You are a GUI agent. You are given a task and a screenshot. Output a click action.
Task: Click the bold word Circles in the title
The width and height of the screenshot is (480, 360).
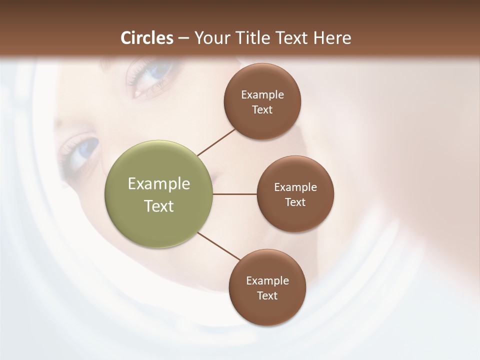point(147,38)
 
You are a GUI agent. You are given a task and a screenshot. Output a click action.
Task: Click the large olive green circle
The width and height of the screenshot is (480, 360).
point(159,194)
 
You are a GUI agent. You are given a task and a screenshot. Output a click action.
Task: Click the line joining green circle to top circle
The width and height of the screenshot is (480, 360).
point(216,141)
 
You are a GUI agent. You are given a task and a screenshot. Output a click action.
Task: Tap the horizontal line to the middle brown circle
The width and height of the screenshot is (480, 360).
point(234,194)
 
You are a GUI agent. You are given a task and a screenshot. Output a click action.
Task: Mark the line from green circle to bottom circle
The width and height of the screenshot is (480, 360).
point(219,246)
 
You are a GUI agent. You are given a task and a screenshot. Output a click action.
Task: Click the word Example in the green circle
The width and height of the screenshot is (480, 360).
point(159,184)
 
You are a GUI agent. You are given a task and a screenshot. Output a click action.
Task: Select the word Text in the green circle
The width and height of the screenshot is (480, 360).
point(159,206)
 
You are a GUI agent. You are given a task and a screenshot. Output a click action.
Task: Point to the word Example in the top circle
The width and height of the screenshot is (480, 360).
point(262,94)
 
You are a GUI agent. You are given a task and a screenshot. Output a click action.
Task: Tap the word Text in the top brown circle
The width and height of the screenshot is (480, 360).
point(262,109)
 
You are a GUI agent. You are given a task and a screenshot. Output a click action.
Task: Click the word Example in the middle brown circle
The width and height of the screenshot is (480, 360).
point(295,187)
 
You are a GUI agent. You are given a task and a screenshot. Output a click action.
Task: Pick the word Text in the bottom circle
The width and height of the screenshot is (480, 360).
point(267,295)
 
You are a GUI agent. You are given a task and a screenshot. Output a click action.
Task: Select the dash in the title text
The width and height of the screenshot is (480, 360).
point(183,38)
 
